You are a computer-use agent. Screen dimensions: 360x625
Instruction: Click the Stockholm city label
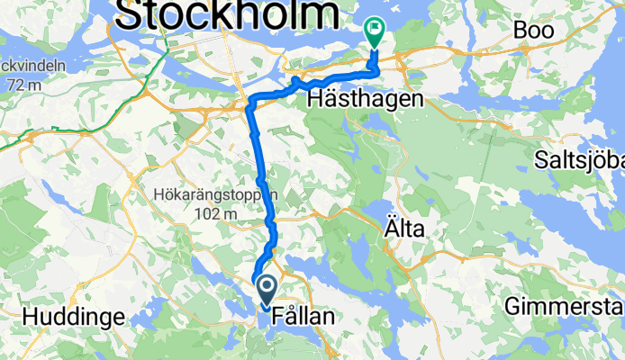227,15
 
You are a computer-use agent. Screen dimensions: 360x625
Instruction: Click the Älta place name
406,230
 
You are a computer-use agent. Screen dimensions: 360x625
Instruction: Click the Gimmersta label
564,306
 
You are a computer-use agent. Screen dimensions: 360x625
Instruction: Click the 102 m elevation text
214,214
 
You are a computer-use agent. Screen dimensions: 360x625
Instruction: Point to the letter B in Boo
521,30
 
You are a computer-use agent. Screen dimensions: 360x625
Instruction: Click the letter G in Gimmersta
512,306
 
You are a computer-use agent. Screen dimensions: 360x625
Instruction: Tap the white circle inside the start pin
267,287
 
